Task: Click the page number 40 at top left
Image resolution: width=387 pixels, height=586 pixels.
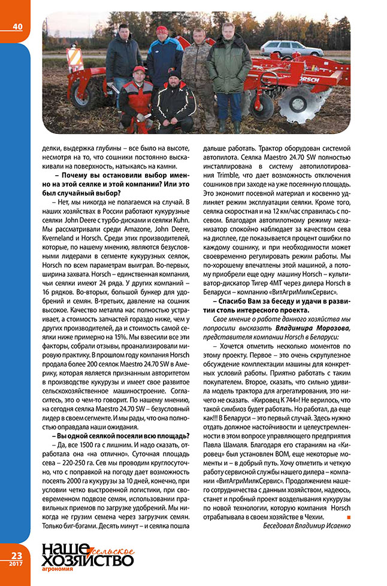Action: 16,26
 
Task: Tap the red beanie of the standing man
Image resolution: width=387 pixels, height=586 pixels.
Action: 162,29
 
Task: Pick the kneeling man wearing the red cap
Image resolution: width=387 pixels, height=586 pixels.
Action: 137,99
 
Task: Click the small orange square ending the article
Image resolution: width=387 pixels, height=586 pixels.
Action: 348,515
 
